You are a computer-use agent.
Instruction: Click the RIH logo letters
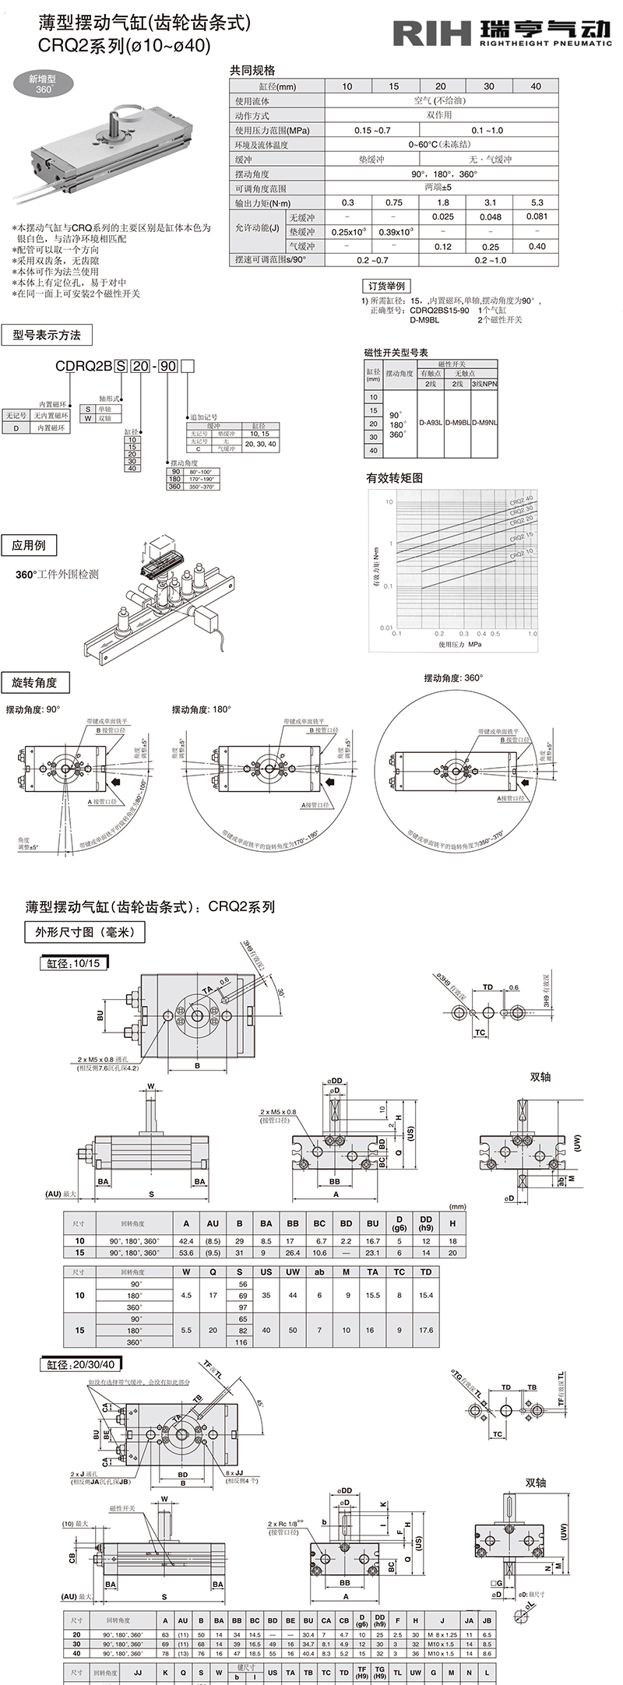(432, 33)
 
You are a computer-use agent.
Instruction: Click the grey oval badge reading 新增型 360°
(44, 84)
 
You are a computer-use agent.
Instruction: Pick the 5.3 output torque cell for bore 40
(536, 202)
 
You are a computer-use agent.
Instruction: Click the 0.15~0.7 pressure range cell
(372, 130)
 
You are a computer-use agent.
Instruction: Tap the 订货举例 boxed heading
(388, 286)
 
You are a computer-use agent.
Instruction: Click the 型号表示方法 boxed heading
(47, 335)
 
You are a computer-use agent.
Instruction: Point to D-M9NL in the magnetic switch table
(484, 422)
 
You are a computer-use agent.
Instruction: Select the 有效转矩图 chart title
(394, 478)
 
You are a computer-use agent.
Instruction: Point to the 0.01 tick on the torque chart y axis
(386, 627)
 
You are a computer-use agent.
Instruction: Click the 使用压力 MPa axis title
(459, 645)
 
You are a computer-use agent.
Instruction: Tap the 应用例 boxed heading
(30, 546)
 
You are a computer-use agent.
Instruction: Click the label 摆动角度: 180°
(201, 709)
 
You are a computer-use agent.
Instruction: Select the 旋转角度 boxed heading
(35, 683)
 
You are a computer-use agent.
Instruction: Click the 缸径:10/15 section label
(71, 963)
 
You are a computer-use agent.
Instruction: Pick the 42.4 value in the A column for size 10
(185, 1240)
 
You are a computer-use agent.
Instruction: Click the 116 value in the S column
(241, 1342)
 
